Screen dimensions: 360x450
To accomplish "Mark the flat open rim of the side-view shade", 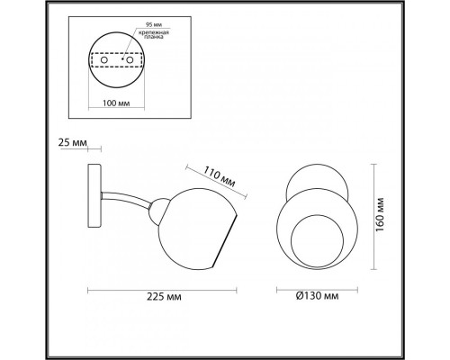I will tap(229, 238).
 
